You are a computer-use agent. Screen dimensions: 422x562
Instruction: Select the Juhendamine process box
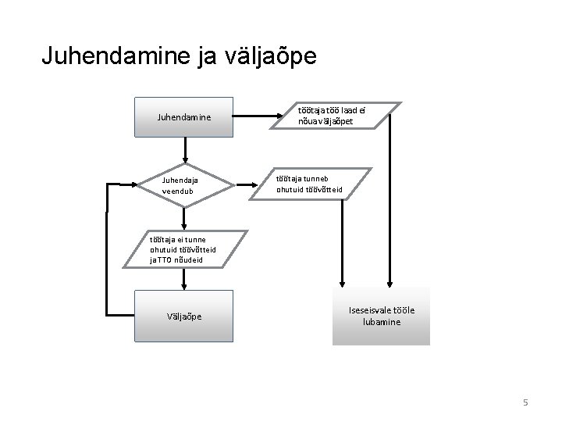point(184,118)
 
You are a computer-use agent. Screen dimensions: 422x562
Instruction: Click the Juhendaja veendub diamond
point(184,185)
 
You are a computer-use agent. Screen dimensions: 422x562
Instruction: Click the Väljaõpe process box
point(184,316)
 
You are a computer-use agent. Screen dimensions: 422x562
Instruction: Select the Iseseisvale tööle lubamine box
point(381,316)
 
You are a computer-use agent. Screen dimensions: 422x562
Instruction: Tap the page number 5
point(525,402)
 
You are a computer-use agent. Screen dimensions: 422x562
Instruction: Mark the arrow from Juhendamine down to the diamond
point(185,150)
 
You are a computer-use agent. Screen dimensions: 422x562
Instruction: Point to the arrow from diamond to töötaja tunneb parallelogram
point(246,185)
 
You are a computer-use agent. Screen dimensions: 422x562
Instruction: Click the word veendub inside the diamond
point(177,191)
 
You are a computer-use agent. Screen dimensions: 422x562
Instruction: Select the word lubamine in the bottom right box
point(382,321)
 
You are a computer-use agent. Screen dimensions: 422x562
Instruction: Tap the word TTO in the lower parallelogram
point(166,259)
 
